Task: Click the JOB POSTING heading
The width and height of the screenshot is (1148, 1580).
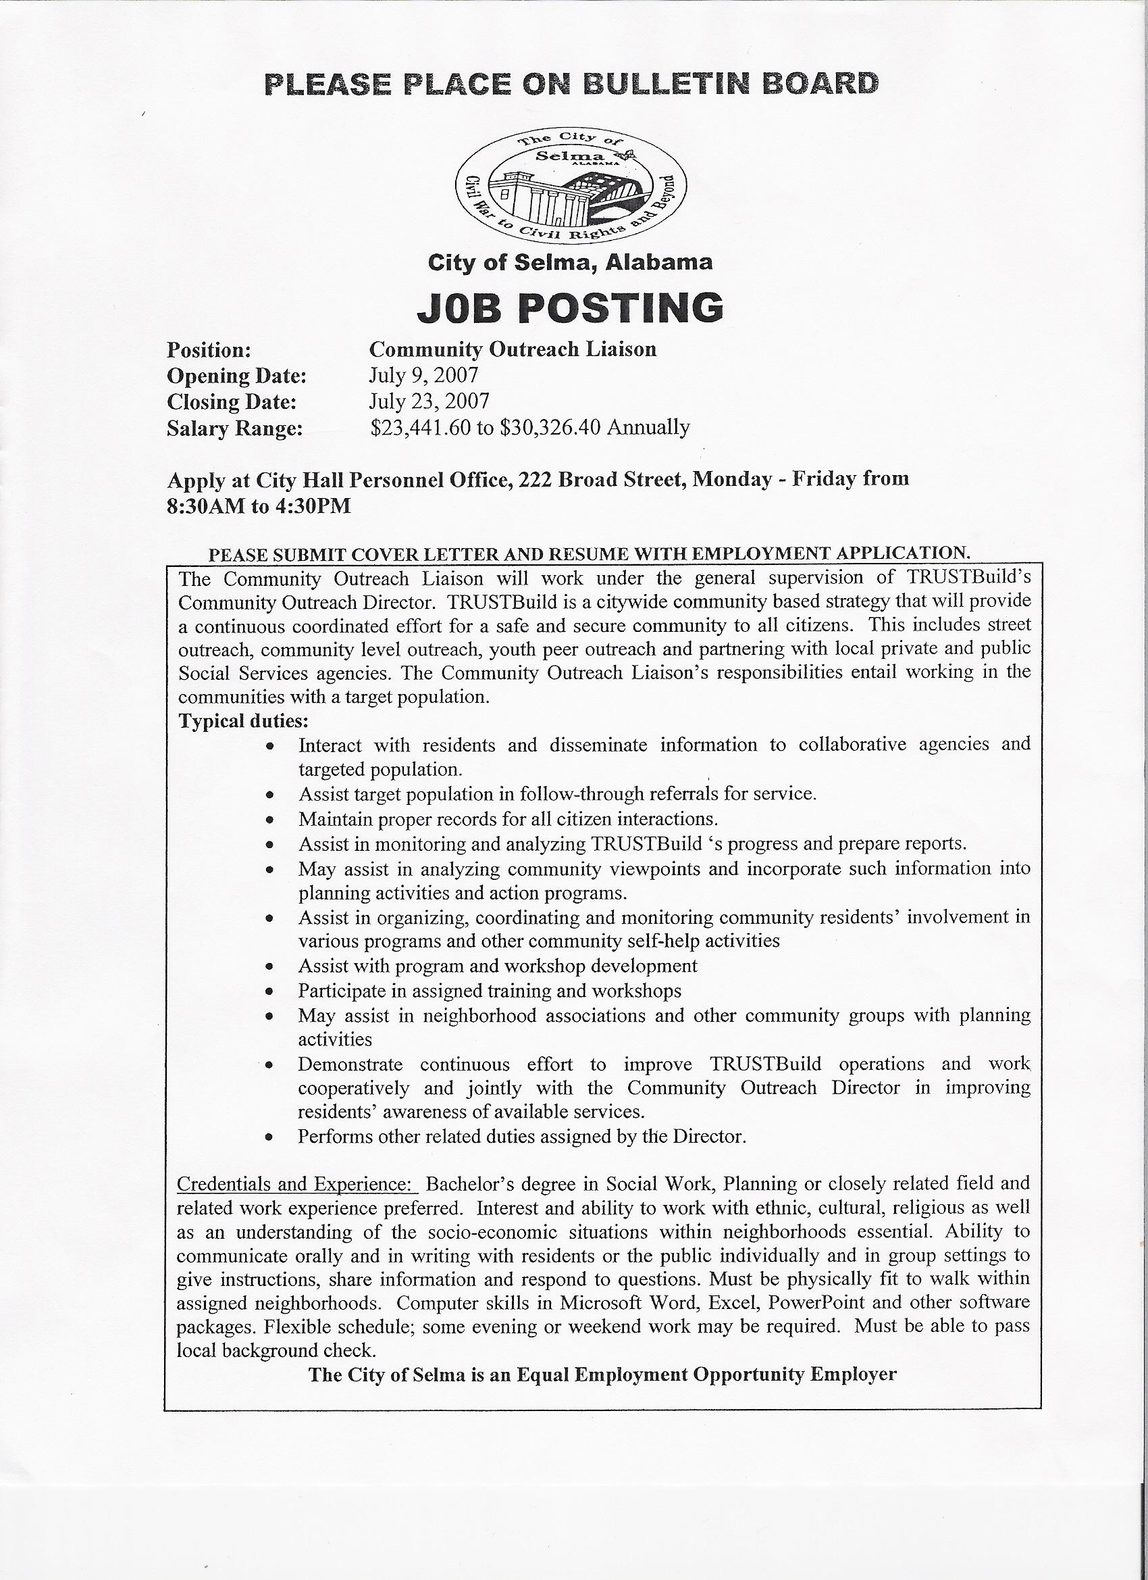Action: pos(569,308)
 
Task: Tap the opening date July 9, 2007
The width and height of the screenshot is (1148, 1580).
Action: pos(423,376)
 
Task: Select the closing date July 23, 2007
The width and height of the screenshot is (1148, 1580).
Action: pos(429,401)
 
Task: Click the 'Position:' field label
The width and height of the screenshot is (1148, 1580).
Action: pos(208,349)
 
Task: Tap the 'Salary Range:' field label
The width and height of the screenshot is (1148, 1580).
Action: pos(234,428)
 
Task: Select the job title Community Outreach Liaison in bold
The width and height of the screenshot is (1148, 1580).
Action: pos(513,349)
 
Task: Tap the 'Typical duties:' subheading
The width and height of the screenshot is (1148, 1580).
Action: pos(243,720)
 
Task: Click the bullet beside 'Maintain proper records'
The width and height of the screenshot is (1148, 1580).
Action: pos(269,820)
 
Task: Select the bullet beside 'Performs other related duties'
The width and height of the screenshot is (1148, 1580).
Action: pos(269,1137)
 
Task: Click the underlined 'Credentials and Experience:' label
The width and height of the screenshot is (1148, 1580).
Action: pos(297,1184)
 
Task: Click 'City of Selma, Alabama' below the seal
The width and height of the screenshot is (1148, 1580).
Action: pos(569,263)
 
